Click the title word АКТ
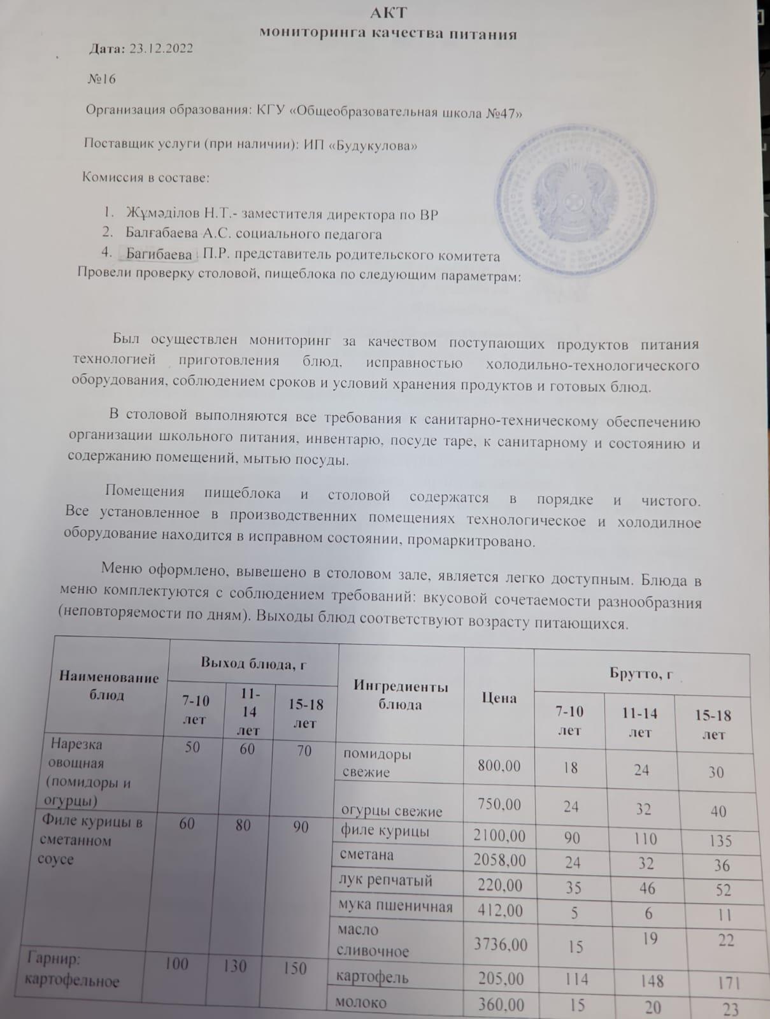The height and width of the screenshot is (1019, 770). (389, 12)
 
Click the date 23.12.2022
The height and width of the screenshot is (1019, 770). (161, 48)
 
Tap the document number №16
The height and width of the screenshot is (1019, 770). (101, 79)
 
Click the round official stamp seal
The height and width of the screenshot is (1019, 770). (574, 193)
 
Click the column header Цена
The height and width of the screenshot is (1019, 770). (499, 698)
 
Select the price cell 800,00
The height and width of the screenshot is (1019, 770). (499, 766)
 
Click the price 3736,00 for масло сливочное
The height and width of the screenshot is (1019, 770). (501, 944)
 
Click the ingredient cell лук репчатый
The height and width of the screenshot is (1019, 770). (386, 881)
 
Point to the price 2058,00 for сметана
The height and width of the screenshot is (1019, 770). (500, 860)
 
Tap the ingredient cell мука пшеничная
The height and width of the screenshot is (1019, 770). (396, 906)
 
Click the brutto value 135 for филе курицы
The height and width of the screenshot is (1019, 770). (720, 841)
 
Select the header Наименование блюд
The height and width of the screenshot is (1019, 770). (109, 685)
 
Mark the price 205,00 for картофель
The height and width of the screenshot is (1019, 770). (501, 978)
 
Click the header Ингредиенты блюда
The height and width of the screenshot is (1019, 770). (401, 695)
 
